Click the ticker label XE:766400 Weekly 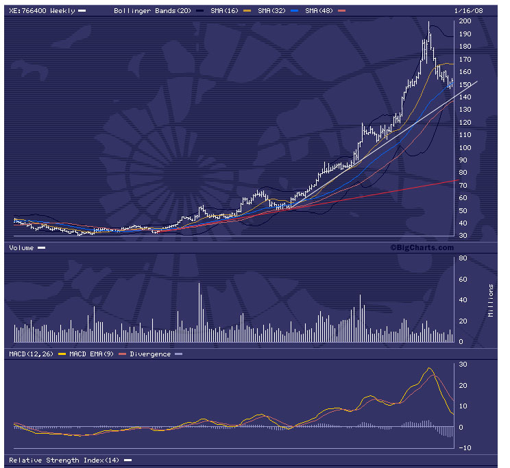(x=40, y=11)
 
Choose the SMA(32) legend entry (x=272, y=11)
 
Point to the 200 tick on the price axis (x=465, y=21)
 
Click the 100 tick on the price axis (x=465, y=148)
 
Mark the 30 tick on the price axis (x=463, y=236)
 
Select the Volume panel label (x=21, y=248)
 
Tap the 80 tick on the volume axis (x=463, y=258)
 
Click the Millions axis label (x=490, y=299)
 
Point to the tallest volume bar (x=199, y=312)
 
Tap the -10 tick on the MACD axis (x=464, y=448)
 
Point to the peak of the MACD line (x=430, y=369)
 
